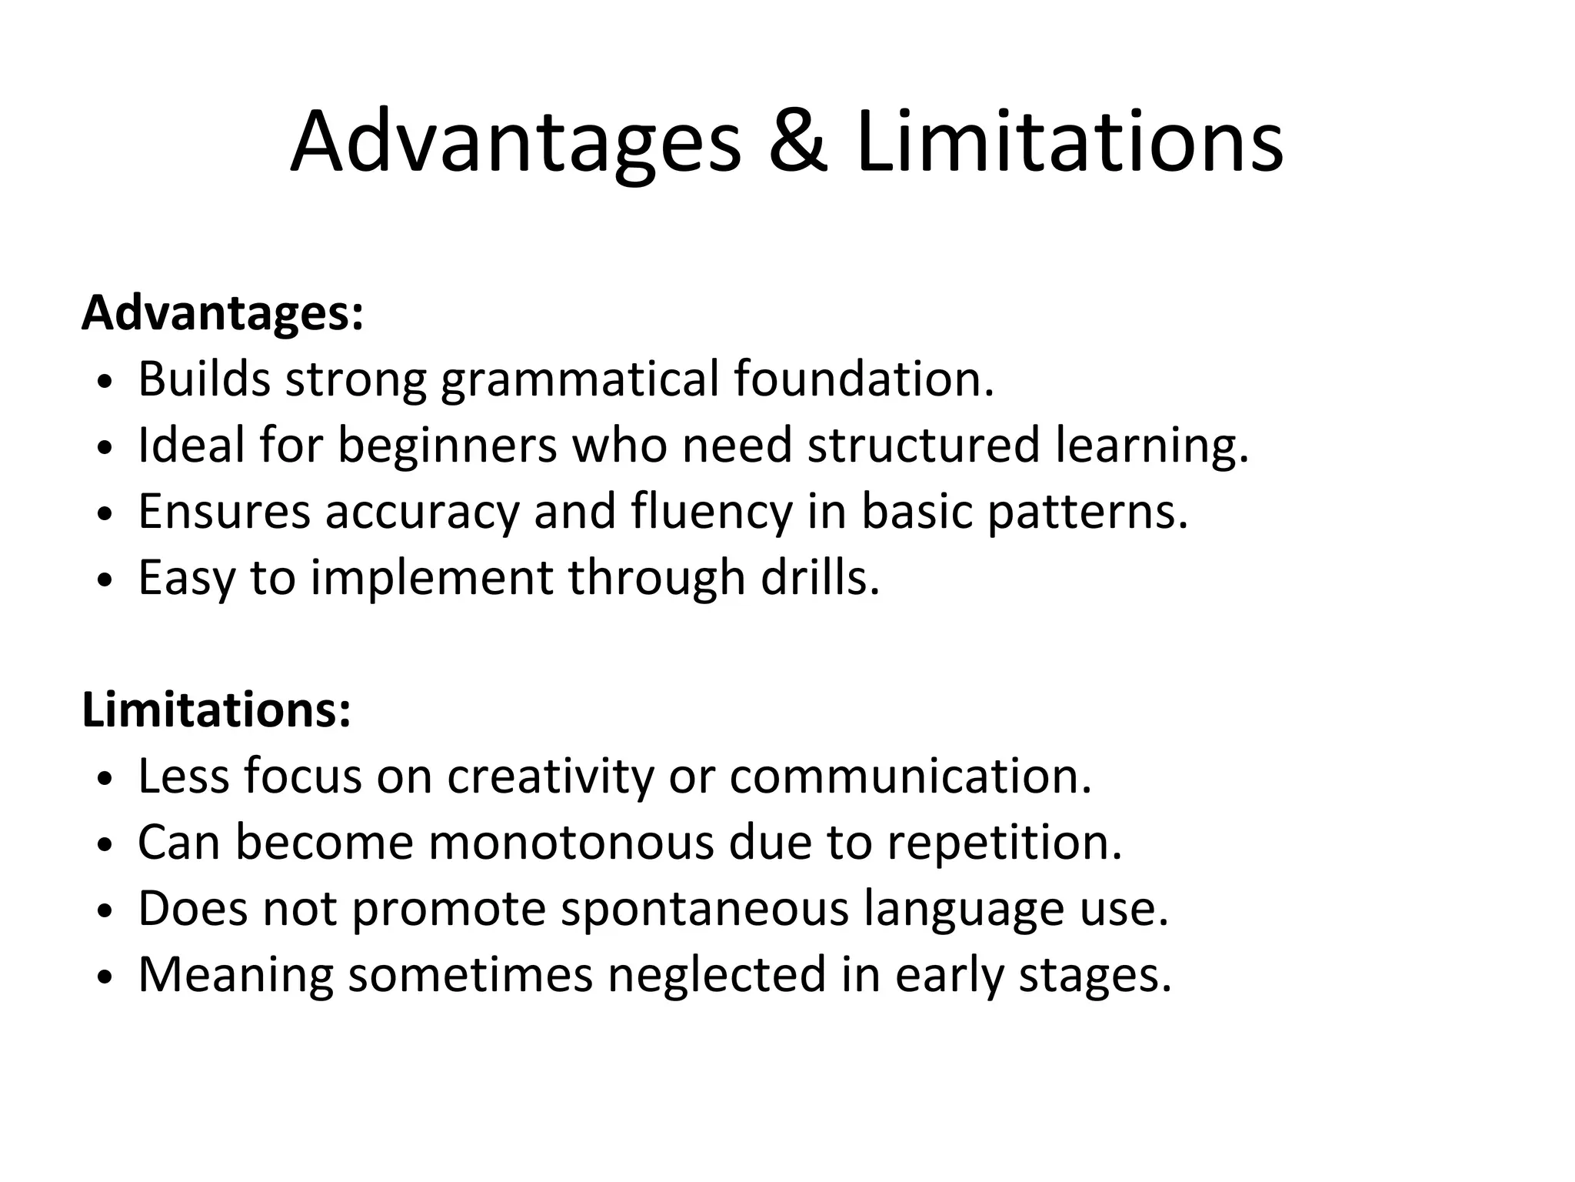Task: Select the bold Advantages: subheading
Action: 222,314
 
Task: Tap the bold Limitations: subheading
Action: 216,710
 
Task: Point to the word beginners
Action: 447,445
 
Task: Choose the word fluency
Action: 711,512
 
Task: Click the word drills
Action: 819,577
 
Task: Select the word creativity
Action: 550,776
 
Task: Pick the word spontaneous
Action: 704,908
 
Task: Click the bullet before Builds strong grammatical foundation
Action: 106,382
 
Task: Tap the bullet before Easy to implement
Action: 106,581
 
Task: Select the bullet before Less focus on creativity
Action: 106,780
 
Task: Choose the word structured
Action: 924,445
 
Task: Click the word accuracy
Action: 422,512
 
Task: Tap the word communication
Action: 910,776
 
